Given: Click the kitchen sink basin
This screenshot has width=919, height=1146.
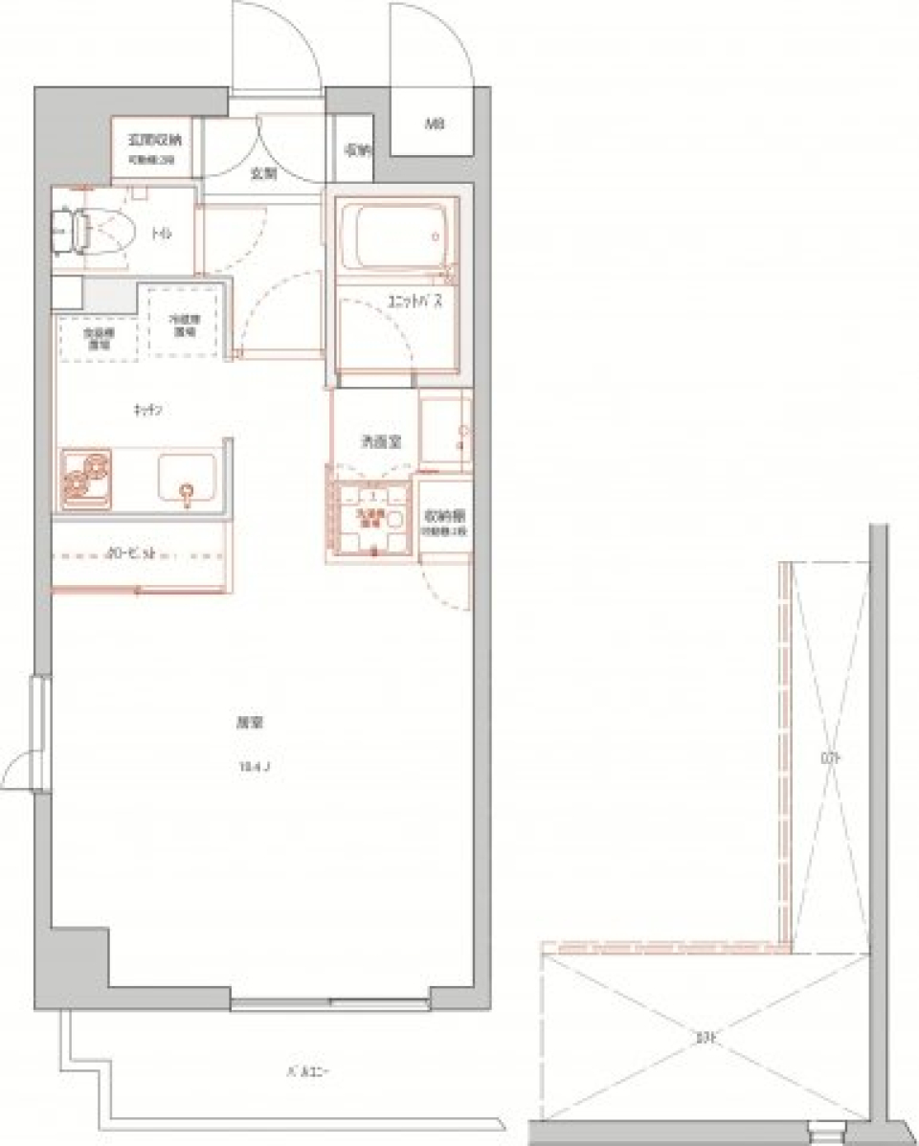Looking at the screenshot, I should (186, 480).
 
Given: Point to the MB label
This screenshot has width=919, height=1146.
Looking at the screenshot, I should (434, 124).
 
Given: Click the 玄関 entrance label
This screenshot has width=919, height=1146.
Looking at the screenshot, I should (263, 174).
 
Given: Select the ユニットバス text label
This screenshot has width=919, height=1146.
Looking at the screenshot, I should (413, 303).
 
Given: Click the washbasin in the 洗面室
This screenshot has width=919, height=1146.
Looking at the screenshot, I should (446, 433).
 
